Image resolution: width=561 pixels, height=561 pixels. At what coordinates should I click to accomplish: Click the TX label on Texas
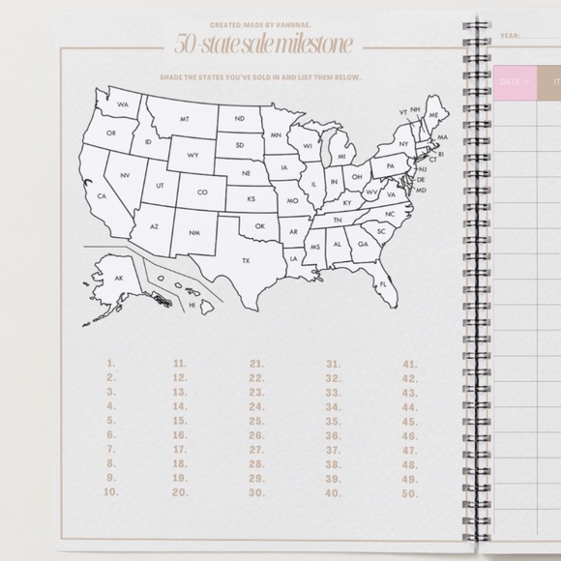pyautogui.click(x=246, y=260)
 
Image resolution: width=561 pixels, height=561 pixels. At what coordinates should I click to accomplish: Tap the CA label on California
pyautogui.click(x=102, y=196)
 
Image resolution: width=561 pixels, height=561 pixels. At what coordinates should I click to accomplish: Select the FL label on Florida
pyautogui.click(x=383, y=284)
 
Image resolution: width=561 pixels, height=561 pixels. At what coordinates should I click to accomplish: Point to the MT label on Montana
pyautogui.click(x=184, y=119)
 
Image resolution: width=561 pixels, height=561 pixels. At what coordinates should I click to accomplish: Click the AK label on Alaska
pyautogui.click(x=119, y=279)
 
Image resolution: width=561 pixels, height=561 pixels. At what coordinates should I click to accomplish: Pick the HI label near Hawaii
pyautogui.click(x=192, y=305)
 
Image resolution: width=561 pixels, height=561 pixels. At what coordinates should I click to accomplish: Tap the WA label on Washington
pyautogui.click(x=123, y=103)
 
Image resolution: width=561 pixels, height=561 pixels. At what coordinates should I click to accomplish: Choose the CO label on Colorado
pyautogui.click(x=202, y=192)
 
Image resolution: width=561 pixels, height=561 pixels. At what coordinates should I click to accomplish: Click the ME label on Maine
pyautogui.click(x=432, y=115)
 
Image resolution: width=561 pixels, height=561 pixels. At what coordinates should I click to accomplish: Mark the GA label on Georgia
pyautogui.click(x=363, y=245)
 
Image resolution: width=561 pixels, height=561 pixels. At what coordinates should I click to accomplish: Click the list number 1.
pyautogui.click(x=111, y=364)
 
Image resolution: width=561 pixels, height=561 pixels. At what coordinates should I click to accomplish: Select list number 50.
pyautogui.click(x=410, y=492)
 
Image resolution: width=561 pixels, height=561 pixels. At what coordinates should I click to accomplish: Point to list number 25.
pyautogui.click(x=256, y=421)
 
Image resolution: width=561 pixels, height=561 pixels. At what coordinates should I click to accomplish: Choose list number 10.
pyautogui.click(x=110, y=492)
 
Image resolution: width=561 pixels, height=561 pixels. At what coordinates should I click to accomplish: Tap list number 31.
pyautogui.click(x=333, y=364)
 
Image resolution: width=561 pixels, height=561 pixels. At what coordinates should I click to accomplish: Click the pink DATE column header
pyautogui.click(x=515, y=83)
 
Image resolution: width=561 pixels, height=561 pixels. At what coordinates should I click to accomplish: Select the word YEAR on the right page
pyautogui.click(x=511, y=36)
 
